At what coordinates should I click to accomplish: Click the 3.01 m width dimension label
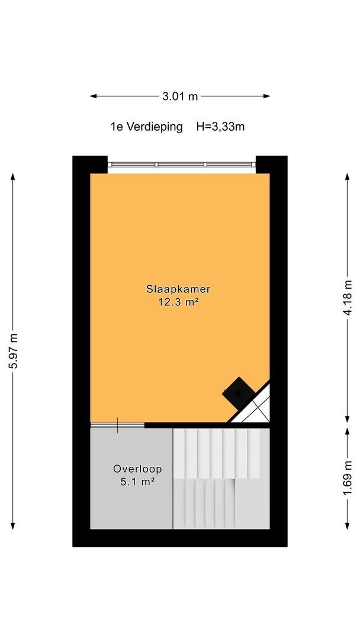180,96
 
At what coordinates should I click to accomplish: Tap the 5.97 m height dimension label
13,351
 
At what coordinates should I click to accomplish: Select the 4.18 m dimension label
348,298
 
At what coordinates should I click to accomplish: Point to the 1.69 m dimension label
348,479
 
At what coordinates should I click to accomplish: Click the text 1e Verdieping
146,127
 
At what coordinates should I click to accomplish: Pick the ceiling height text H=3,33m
220,127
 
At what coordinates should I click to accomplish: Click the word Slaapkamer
178,289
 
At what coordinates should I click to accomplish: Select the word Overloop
137,469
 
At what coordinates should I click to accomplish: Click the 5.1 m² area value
137,482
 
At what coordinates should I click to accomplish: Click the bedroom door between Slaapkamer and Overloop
117,425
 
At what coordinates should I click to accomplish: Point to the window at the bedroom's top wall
181,164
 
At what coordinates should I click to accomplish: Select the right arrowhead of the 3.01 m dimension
266,96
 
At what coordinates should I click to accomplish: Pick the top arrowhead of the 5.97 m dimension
13,177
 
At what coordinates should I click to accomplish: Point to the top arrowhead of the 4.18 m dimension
348,177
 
